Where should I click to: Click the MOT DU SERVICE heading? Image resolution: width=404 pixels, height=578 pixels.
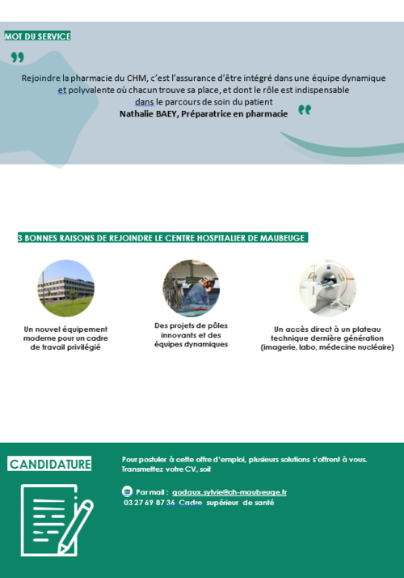point(37,36)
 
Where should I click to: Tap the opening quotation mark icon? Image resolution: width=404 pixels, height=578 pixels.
point(17,57)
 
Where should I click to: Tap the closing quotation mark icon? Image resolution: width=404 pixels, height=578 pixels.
point(305,110)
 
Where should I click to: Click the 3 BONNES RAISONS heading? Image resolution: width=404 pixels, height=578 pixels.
point(162,238)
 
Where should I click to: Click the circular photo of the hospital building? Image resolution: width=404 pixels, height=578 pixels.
point(65,288)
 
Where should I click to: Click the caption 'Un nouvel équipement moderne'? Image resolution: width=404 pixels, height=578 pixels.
point(65,338)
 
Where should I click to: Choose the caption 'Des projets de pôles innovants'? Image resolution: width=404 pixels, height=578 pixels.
point(191,334)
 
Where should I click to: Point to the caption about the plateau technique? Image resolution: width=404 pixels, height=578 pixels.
point(326,338)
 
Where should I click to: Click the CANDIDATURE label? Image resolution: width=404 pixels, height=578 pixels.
point(49,464)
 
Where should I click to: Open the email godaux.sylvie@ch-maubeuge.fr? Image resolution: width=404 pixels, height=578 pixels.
point(229,491)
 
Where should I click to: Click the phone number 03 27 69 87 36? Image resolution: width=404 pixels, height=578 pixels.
point(149,502)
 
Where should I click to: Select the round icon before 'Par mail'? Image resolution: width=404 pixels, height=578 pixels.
point(127,491)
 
